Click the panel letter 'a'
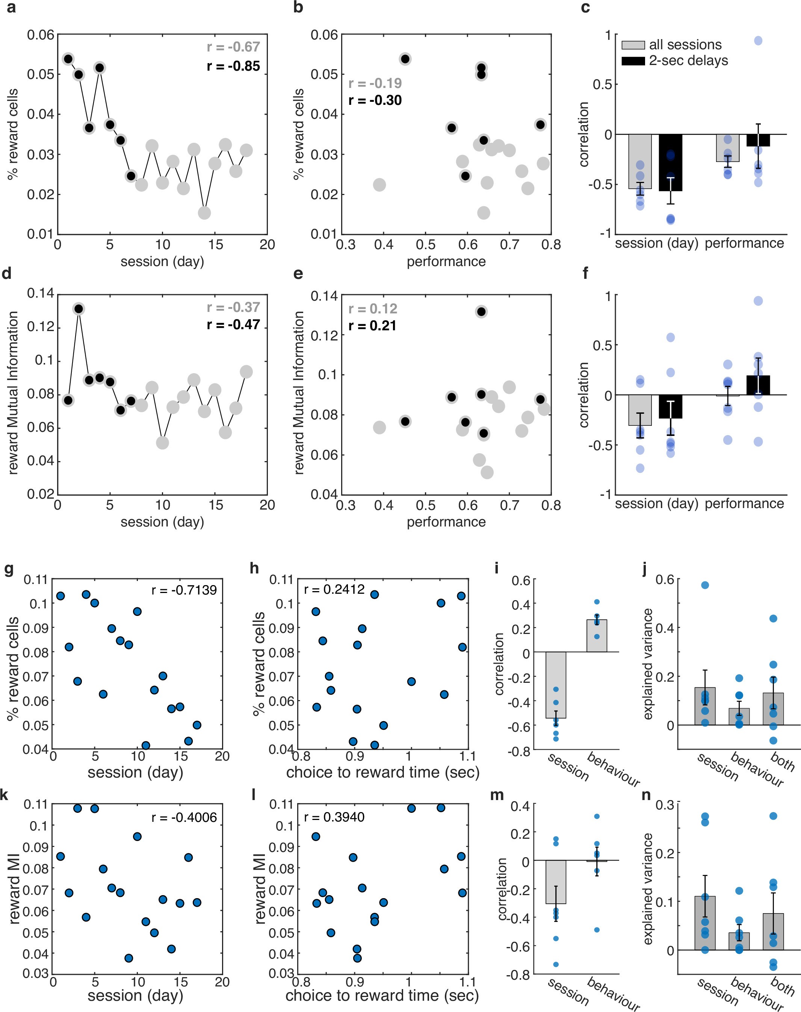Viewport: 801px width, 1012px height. coord(11,8)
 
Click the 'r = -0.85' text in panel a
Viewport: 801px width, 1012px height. coord(233,66)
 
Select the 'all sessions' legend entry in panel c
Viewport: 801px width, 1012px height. coord(685,45)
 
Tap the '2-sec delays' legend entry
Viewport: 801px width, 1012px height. coord(688,61)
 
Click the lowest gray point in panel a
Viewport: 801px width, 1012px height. coord(204,213)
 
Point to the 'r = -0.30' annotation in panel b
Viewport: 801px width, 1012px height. coord(375,100)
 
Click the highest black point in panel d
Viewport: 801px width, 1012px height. coord(79,309)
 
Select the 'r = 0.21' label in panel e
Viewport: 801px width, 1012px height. coord(372,325)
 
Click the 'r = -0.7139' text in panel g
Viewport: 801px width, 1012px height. coord(184,590)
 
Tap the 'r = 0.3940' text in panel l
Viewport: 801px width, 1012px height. coord(334,817)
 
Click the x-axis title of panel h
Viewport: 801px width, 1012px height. coord(383,772)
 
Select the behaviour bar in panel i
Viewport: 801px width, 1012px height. coord(597,636)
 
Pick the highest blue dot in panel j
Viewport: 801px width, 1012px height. coord(704,585)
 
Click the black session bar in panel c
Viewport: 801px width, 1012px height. coord(670,162)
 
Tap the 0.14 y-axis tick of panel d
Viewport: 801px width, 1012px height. coord(41,293)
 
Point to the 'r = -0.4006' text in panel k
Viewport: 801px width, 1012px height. coord(184,817)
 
